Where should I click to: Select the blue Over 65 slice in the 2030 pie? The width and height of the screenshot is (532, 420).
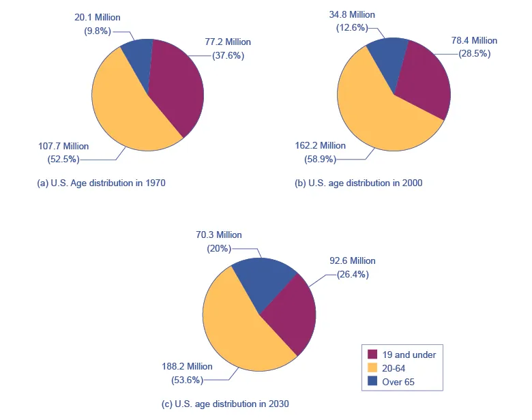[x=263, y=280]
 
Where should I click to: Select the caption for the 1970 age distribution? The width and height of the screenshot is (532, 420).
[x=101, y=183]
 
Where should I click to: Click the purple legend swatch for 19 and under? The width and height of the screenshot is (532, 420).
[x=372, y=355]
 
